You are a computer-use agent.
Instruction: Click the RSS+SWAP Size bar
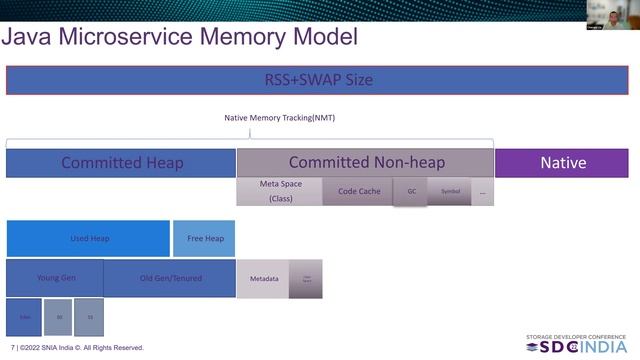click(317, 80)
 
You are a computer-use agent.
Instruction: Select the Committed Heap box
click(121, 163)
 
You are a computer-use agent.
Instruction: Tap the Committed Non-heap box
click(365, 162)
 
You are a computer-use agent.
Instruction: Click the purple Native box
click(562, 163)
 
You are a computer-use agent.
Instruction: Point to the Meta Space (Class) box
click(279, 191)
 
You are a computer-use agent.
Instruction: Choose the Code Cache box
click(358, 191)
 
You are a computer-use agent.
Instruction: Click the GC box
click(410, 191)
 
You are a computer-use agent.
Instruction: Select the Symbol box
click(450, 191)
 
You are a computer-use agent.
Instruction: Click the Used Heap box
click(88, 239)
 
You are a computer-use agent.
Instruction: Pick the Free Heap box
click(204, 239)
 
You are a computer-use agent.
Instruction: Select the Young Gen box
click(54, 277)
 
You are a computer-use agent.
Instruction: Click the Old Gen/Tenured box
click(169, 277)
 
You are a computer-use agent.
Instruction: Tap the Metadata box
click(263, 278)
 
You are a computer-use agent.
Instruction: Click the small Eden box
click(24, 317)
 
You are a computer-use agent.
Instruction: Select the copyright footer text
click(77, 348)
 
